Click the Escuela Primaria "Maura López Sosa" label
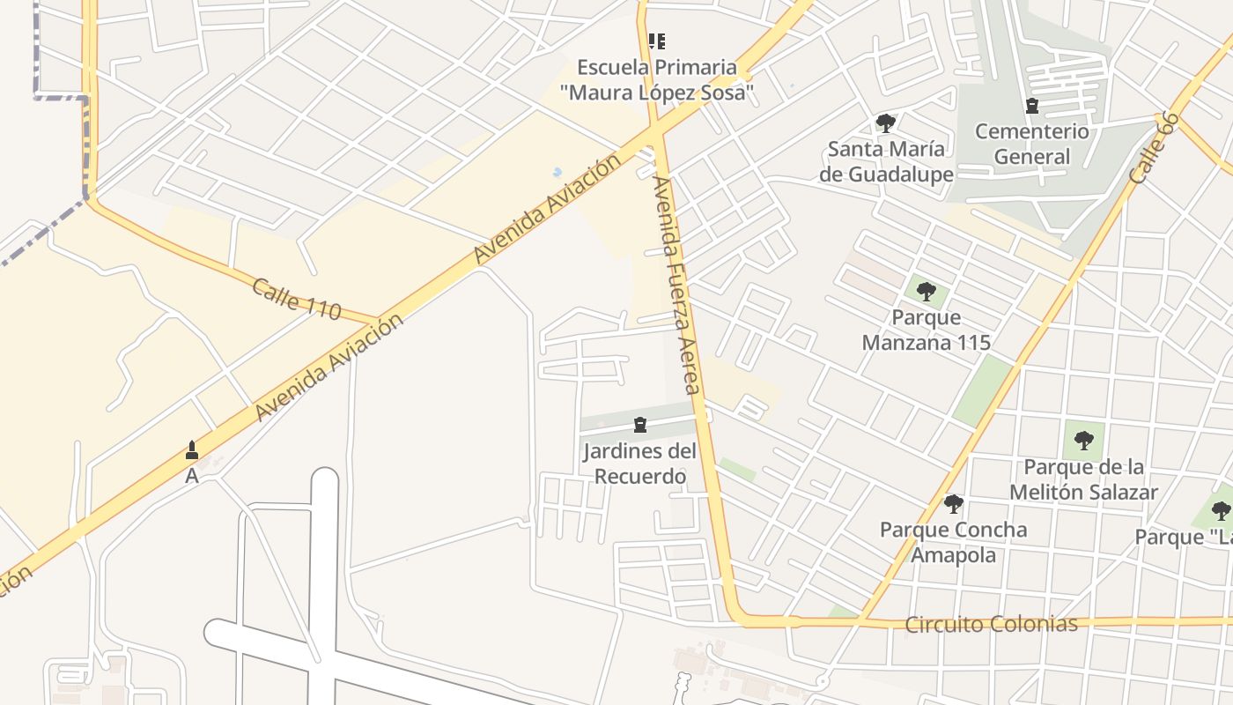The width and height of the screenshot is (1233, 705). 656,79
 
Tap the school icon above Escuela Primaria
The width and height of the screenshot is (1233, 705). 656,41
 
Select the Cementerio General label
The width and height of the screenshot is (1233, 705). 1032,145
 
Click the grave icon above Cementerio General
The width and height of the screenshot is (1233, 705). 1032,107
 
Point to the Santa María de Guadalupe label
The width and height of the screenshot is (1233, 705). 886,161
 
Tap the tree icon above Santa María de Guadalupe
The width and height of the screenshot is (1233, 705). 886,123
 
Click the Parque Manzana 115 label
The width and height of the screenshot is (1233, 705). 927,330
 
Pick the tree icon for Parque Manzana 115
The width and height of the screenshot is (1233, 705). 926,291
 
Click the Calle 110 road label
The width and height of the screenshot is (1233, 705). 296,299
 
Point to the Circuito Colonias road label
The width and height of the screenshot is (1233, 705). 992,625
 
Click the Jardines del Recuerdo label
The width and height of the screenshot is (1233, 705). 640,464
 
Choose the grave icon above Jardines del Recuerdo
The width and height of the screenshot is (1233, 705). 640,426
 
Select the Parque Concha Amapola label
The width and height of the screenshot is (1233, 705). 954,542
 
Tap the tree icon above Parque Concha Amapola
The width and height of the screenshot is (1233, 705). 953,504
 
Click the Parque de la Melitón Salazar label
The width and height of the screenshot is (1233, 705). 1083,479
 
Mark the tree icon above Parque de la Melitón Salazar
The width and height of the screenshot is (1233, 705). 1083,440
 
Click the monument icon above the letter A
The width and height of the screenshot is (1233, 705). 192,451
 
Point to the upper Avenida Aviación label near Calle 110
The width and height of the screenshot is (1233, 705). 547,210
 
